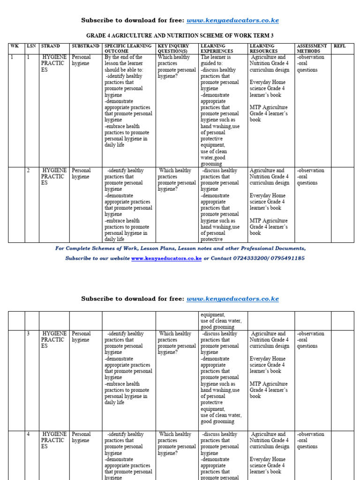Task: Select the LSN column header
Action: click(x=31, y=46)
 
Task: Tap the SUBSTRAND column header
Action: click(x=85, y=46)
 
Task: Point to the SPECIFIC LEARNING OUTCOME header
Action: click(x=128, y=48)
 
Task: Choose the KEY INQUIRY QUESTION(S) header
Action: click(x=176, y=48)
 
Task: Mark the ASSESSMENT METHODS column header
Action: click(x=312, y=48)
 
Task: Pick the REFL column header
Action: click(x=339, y=46)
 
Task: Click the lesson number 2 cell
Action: click(x=29, y=171)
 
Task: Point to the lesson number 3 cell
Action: click(x=29, y=334)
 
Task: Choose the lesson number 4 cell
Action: click(x=29, y=435)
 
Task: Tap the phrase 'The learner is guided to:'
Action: click(x=215, y=60)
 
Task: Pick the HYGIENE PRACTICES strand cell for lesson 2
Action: click(x=54, y=177)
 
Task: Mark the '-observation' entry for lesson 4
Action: click(x=310, y=435)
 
